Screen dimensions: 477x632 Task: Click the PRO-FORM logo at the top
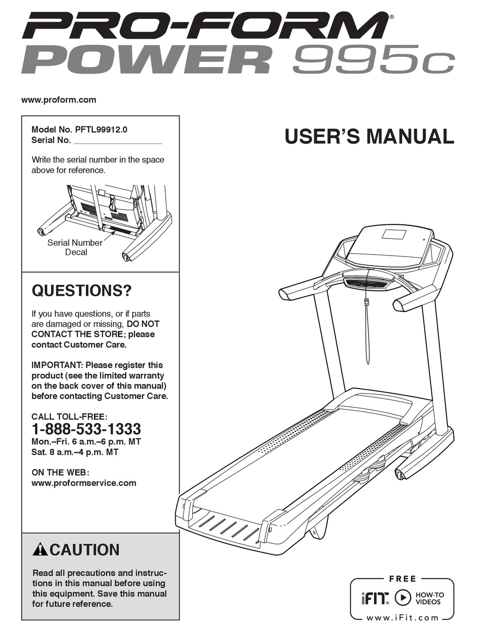pyautogui.click(x=204, y=27)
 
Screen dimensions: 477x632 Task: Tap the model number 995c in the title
pyautogui.click(x=373, y=60)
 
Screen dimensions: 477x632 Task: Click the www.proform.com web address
pyautogui.click(x=59, y=100)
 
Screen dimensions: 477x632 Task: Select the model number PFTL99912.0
pyautogui.click(x=101, y=130)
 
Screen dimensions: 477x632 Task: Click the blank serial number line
pyautogui.click(x=118, y=143)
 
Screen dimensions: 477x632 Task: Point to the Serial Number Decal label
pyautogui.click(x=75, y=247)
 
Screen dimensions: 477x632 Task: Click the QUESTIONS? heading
pyautogui.click(x=81, y=291)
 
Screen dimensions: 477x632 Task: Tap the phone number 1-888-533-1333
pyautogui.click(x=86, y=429)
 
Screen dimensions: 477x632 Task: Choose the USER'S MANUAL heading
pyautogui.click(x=370, y=137)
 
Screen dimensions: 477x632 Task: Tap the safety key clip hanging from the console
pyautogui.click(x=367, y=302)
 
